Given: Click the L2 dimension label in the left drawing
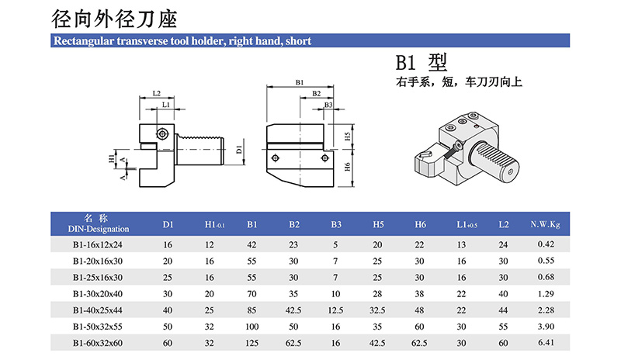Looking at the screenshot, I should (x=156, y=93).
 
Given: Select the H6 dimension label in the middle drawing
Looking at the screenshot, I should (x=348, y=165).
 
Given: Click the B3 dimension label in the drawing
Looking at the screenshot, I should (x=328, y=104).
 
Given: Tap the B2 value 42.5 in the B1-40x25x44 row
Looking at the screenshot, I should (x=294, y=310).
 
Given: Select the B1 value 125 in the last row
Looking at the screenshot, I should (x=252, y=342).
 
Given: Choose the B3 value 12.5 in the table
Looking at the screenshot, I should (x=336, y=310).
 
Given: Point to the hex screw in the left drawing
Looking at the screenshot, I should (x=161, y=133).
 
